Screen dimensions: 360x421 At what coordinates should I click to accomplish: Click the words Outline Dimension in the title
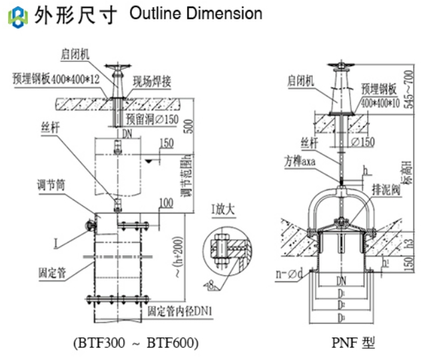point(197,13)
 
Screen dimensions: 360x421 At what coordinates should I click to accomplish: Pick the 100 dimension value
point(165,201)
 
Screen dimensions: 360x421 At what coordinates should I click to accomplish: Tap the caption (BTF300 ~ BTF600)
point(136,343)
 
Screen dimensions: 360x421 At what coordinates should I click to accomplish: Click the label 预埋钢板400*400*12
point(55,79)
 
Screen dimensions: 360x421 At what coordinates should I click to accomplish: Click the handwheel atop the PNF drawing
point(340,65)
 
